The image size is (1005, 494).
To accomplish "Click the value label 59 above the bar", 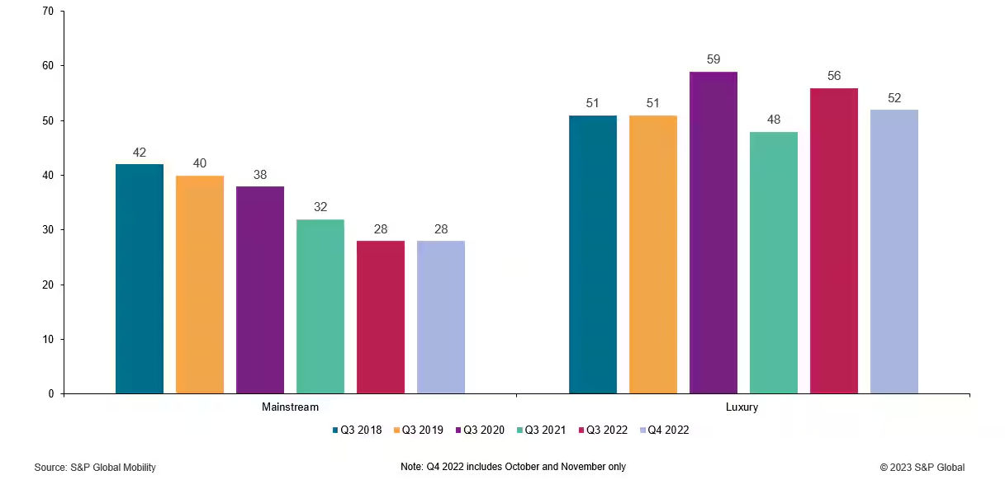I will [713, 59].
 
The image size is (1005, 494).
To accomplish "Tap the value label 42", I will [140, 153].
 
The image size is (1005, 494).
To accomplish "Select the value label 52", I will [894, 98].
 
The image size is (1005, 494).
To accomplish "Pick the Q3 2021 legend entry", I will [543, 430].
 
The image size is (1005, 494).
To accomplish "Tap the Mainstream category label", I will [290, 407].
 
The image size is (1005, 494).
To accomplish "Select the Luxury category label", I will [742, 407].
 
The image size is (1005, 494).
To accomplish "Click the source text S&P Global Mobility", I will [95, 468].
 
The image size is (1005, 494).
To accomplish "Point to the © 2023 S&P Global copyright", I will [922, 468].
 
